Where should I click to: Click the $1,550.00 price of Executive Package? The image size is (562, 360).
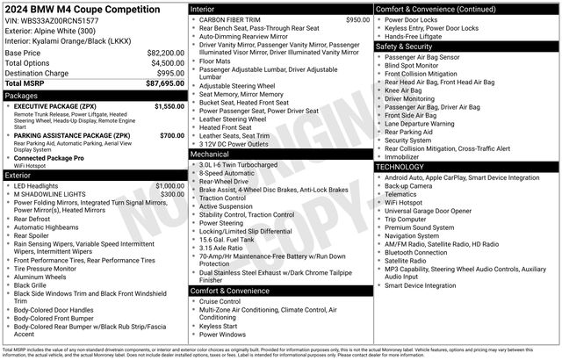point(169,106)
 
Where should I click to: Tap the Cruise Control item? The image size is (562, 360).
point(221,300)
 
